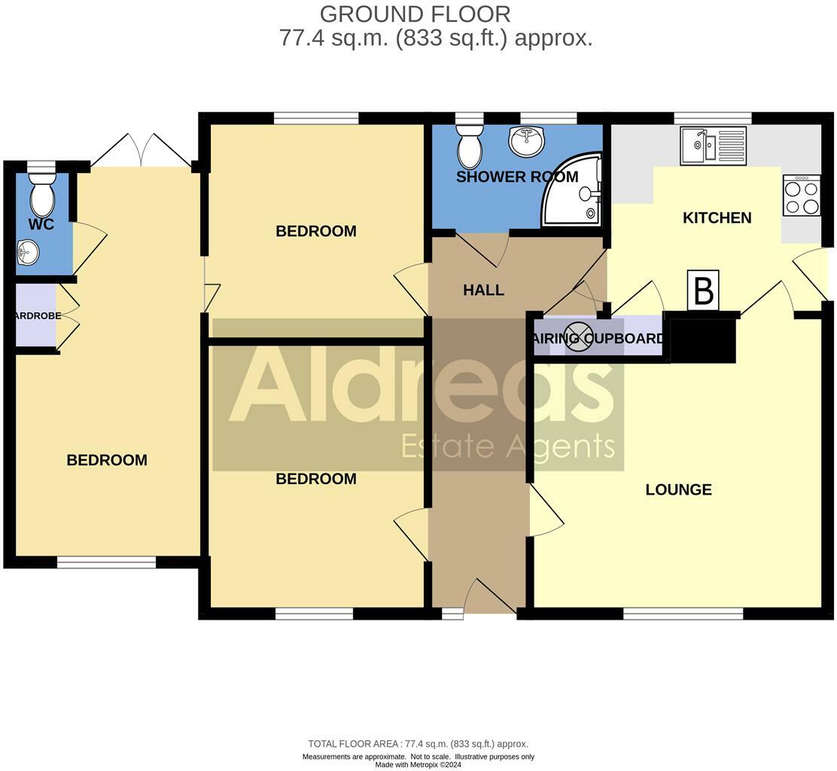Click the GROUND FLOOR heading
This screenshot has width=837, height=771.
pos(415,14)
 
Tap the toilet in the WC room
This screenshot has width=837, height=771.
pos(42,194)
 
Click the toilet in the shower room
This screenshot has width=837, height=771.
pos(470,146)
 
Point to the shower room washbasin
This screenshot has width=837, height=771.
pos(527,141)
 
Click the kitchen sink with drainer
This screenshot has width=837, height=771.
pos(713,145)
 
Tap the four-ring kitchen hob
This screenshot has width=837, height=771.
pos(802,196)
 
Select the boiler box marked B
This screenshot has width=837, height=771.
pos(703,290)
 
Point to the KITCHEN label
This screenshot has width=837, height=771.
pos(717,218)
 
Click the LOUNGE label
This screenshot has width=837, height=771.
pos(678,490)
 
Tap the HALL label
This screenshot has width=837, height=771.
pos(483,291)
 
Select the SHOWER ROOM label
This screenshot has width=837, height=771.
pos(517,178)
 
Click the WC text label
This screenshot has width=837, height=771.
pos(41,224)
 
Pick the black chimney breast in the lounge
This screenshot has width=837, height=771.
pos(702,340)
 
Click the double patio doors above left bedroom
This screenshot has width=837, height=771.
pos(141,151)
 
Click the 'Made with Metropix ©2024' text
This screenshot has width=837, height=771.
pos(418,765)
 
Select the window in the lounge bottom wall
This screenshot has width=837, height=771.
pos(683,614)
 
